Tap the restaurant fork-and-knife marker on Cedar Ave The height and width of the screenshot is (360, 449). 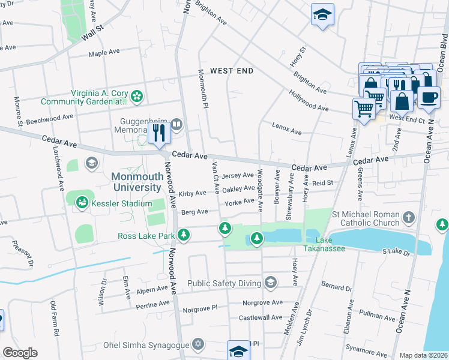click(x=158, y=132)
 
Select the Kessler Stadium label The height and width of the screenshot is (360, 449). click(x=121, y=204)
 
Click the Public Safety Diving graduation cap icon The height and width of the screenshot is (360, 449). click(x=271, y=283)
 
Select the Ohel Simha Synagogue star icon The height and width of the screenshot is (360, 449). click(x=197, y=344)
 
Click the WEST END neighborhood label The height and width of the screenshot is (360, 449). click(x=232, y=71)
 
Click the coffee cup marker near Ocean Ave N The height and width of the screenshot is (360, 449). click(x=429, y=97)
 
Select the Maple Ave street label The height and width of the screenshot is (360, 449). click(x=104, y=53)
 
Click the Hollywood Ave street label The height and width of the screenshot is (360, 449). click(x=309, y=101)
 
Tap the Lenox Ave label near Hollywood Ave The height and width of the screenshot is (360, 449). click(x=286, y=128)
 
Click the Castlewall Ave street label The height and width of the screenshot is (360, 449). click(x=261, y=317)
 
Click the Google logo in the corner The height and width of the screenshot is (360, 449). click(x=20, y=353)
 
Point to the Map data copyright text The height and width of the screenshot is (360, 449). click(x=423, y=355)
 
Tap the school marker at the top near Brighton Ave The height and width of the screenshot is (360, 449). click(x=322, y=14)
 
